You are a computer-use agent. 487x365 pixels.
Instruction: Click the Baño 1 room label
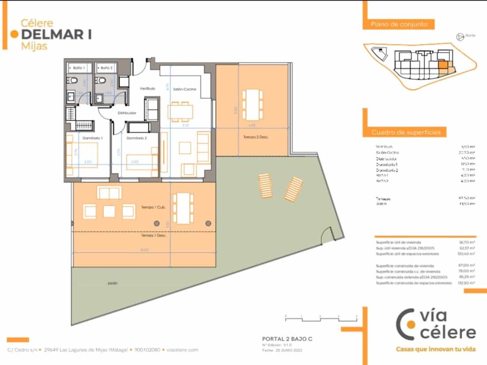pos(79,68)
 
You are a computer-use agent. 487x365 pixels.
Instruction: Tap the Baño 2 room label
pos(106,68)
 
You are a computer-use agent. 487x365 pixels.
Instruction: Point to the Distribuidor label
pos(127,113)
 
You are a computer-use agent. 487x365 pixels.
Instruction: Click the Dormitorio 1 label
pos(93,138)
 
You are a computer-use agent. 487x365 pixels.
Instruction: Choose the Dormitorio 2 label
pos(136,138)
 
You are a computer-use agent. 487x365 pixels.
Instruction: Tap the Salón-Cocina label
pos(185,89)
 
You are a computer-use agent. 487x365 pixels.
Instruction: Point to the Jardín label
pos(113,283)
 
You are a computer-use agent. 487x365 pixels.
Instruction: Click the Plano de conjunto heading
pos(399,24)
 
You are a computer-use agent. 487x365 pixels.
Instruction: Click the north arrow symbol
pos(460,37)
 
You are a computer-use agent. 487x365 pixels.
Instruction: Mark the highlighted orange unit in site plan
pos(443,65)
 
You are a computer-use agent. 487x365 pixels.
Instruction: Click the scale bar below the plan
pos(321,318)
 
